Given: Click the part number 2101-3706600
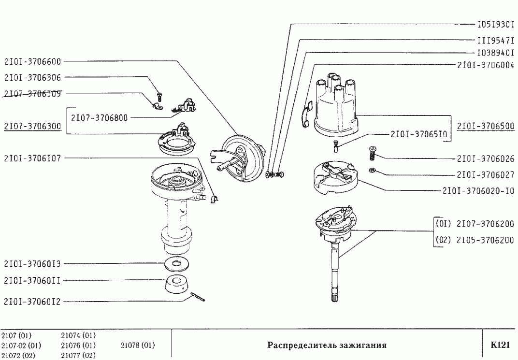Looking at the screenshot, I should [x=32, y=61].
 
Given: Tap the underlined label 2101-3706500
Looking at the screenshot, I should [x=485, y=126].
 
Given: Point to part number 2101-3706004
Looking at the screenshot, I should [x=485, y=65].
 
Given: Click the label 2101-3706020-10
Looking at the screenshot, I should [x=478, y=191].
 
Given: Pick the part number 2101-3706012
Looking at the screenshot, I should [x=32, y=301].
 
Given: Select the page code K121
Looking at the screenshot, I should [x=500, y=345].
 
